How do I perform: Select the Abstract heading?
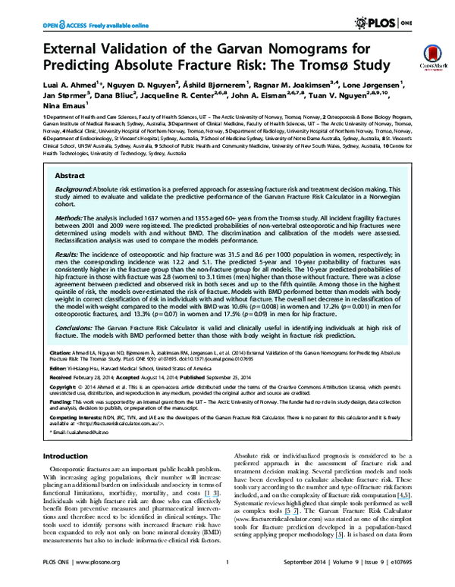pyautogui.click(x=71, y=175)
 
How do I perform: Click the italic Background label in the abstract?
pyautogui.click(x=74, y=189)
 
